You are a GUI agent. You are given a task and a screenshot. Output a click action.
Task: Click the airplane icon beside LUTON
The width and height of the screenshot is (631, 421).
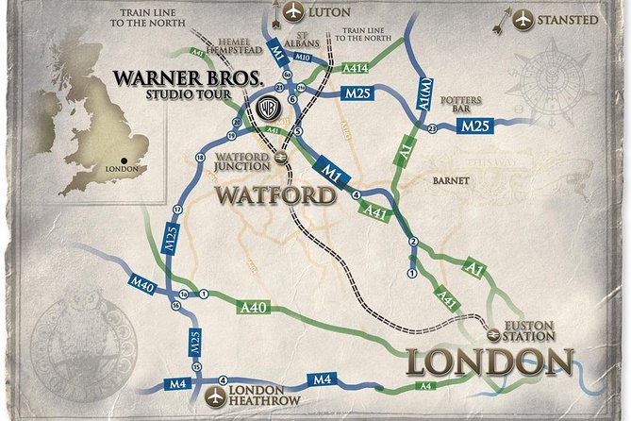tap(293, 12)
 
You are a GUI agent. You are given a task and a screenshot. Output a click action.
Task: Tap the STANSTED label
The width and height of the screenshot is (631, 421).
tap(567, 19)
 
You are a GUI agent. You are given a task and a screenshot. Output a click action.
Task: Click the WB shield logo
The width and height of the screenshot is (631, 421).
tap(268, 108)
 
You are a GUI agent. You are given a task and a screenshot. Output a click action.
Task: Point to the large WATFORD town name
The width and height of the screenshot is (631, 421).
tap(275, 195)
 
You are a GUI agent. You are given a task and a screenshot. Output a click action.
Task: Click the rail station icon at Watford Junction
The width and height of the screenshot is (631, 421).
tap(280, 158)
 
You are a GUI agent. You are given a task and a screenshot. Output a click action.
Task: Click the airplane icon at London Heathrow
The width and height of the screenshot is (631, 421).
tap(219, 393)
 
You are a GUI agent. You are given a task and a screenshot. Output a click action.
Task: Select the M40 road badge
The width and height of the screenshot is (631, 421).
tap(142, 283)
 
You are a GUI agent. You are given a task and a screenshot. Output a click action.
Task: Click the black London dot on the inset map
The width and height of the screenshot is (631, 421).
tap(124, 160)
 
